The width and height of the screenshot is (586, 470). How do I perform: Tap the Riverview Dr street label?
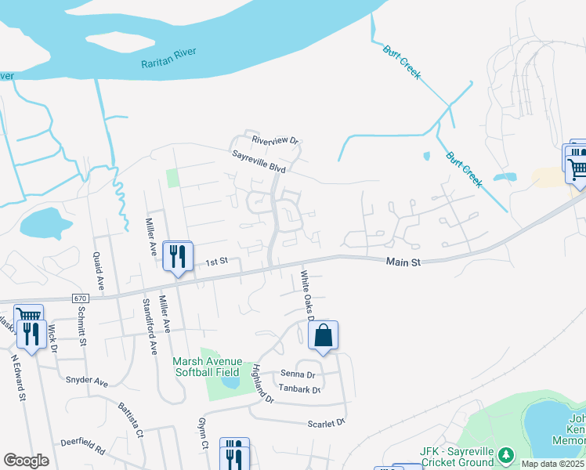(x=276, y=141)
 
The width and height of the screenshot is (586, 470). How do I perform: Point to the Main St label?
(x=403, y=263)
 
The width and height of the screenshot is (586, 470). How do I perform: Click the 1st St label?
(x=216, y=261)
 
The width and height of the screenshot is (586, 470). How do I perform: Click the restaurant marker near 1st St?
(x=178, y=255)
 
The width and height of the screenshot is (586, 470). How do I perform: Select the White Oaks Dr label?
(x=306, y=295)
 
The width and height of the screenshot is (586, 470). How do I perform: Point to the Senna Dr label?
(x=298, y=374)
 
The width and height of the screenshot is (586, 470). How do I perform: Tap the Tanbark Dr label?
(x=300, y=389)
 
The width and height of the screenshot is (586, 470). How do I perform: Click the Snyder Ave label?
(x=87, y=381)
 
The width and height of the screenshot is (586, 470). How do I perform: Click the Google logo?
(x=26, y=461)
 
